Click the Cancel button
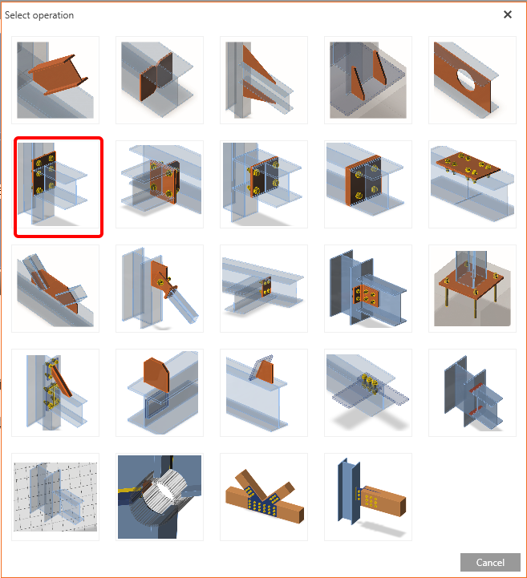490,562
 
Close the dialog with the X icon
508,14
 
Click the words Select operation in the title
39,15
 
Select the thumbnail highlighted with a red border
59,187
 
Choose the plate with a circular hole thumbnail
472,80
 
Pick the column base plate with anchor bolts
472,289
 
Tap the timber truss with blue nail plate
264,497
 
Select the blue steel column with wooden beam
368,497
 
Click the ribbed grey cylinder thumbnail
160,497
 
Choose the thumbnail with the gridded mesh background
55,497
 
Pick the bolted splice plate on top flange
472,184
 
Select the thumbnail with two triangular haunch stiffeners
264,80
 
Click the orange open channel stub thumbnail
55,80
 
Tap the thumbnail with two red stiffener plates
472,393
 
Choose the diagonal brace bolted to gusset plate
160,289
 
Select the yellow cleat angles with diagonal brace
55,393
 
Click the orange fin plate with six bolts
368,289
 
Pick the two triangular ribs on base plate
368,80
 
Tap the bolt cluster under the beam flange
368,393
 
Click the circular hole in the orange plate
466,79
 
